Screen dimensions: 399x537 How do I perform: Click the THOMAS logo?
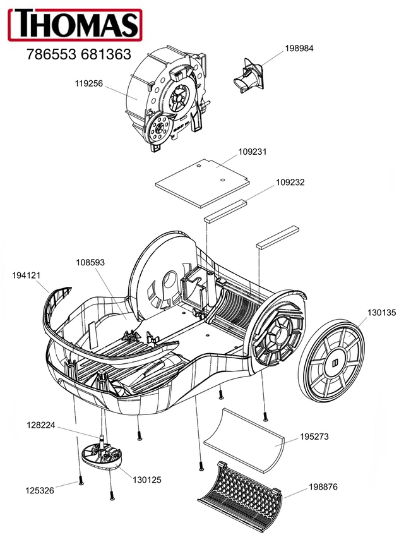tap(75, 25)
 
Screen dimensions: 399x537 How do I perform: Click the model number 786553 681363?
tap(79, 54)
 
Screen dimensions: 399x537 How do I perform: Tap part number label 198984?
tap(299, 48)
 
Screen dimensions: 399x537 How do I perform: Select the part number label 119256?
tap(88, 83)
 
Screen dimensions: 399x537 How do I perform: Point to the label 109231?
tap(253, 152)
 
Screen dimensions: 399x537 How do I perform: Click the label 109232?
tap(290, 182)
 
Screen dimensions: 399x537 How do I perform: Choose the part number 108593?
tap(90, 262)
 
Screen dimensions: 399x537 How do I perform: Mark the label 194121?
tap(27, 275)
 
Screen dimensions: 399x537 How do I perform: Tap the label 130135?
tap(381, 312)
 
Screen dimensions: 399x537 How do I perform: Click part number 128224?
tap(41, 425)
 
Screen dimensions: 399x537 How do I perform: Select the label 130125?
tap(147, 480)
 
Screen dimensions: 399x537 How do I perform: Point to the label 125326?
tap(40, 490)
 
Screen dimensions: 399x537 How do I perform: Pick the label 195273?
tap(314, 437)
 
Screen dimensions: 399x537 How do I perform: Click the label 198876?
tap(323, 486)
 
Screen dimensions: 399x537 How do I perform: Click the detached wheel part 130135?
tap(331, 361)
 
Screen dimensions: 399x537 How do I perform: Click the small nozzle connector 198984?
tap(249, 78)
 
